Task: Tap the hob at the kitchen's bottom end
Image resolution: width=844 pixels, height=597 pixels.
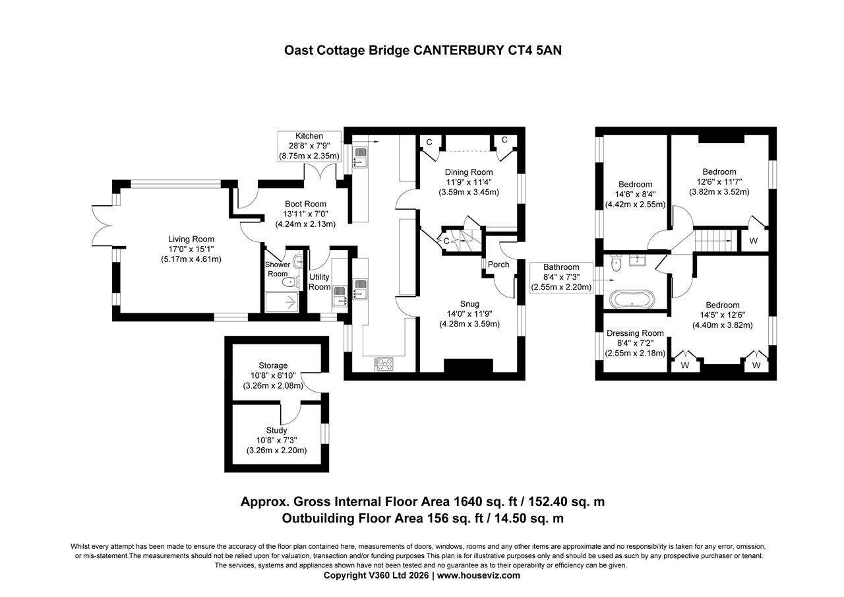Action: (384, 363)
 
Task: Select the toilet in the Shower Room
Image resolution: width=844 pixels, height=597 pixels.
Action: (289, 282)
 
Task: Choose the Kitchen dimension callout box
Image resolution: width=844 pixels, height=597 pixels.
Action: (309, 146)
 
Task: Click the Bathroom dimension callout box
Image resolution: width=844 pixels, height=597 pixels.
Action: (561, 277)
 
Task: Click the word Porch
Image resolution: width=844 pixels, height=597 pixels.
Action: (498, 265)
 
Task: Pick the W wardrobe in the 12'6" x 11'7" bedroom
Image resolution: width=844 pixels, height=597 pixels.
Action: (753, 241)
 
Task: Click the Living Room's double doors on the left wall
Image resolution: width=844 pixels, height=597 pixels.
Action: (104, 226)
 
